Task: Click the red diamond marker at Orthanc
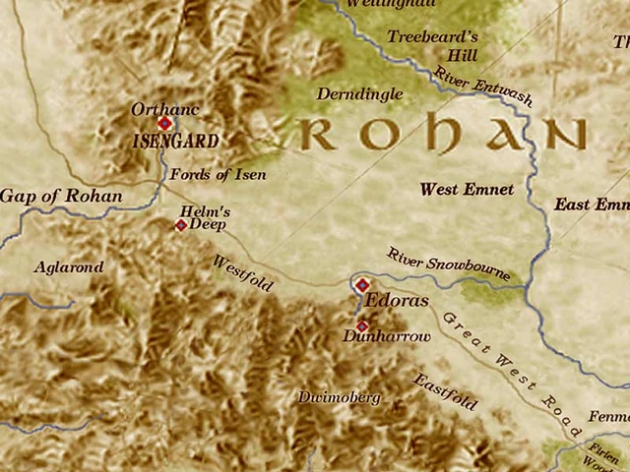point(164,124)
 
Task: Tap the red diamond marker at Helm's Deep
point(181,225)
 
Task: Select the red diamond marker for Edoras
point(361,284)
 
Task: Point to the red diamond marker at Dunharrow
point(361,325)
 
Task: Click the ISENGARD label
point(175,142)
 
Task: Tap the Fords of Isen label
point(218,175)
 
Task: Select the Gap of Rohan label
point(61,196)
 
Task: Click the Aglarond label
point(68,266)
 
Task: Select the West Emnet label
point(467,189)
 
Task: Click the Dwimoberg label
point(339,397)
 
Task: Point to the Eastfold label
point(445,392)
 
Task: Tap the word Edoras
point(397,301)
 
